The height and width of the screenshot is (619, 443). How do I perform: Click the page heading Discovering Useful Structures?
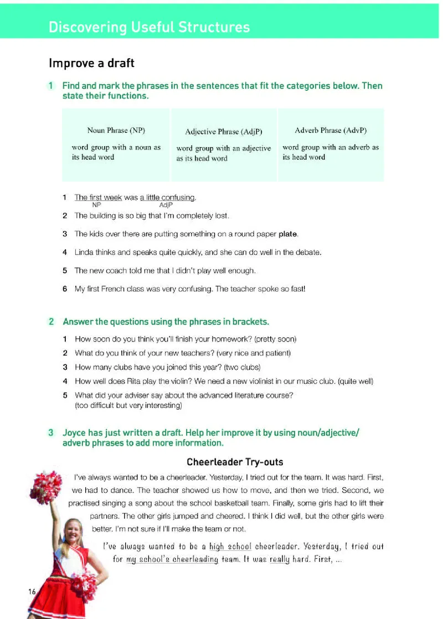(x=149, y=27)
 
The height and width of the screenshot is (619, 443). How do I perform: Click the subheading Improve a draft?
(x=91, y=63)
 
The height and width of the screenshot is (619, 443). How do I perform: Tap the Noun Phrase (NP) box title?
(x=116, y=131)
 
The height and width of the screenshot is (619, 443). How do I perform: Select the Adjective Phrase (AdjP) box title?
(x=224, y=132)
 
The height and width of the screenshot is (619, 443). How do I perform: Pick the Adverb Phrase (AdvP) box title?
(x=331, y=131)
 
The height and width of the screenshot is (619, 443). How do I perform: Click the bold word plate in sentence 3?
(x=288, y=234)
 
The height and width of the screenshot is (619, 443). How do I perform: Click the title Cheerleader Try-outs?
(x=235, y=462)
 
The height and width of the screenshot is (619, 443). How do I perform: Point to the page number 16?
(x=32, y=592)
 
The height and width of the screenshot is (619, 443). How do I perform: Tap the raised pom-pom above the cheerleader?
(x=47, y=487)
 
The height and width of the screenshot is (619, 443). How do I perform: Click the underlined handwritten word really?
(x=280, y=559)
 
